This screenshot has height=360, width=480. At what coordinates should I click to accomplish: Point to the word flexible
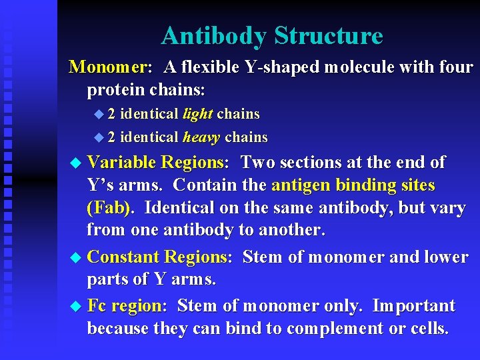tap(207, 67)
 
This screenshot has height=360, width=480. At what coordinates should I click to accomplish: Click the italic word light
tap(197, 114)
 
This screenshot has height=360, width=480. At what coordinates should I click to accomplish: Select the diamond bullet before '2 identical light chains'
tap(99, 115)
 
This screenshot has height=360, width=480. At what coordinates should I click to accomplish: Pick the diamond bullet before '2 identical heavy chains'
tap(99, 138)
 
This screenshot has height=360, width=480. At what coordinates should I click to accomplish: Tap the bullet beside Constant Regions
tap(77, 257)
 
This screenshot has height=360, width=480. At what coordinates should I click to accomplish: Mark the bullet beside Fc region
tap(77, 307)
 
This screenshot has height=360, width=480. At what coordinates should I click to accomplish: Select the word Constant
tap(123, 257)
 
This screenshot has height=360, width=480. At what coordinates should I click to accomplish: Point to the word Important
tap(413, 306)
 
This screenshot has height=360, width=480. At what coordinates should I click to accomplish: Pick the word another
tap(287, 230)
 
